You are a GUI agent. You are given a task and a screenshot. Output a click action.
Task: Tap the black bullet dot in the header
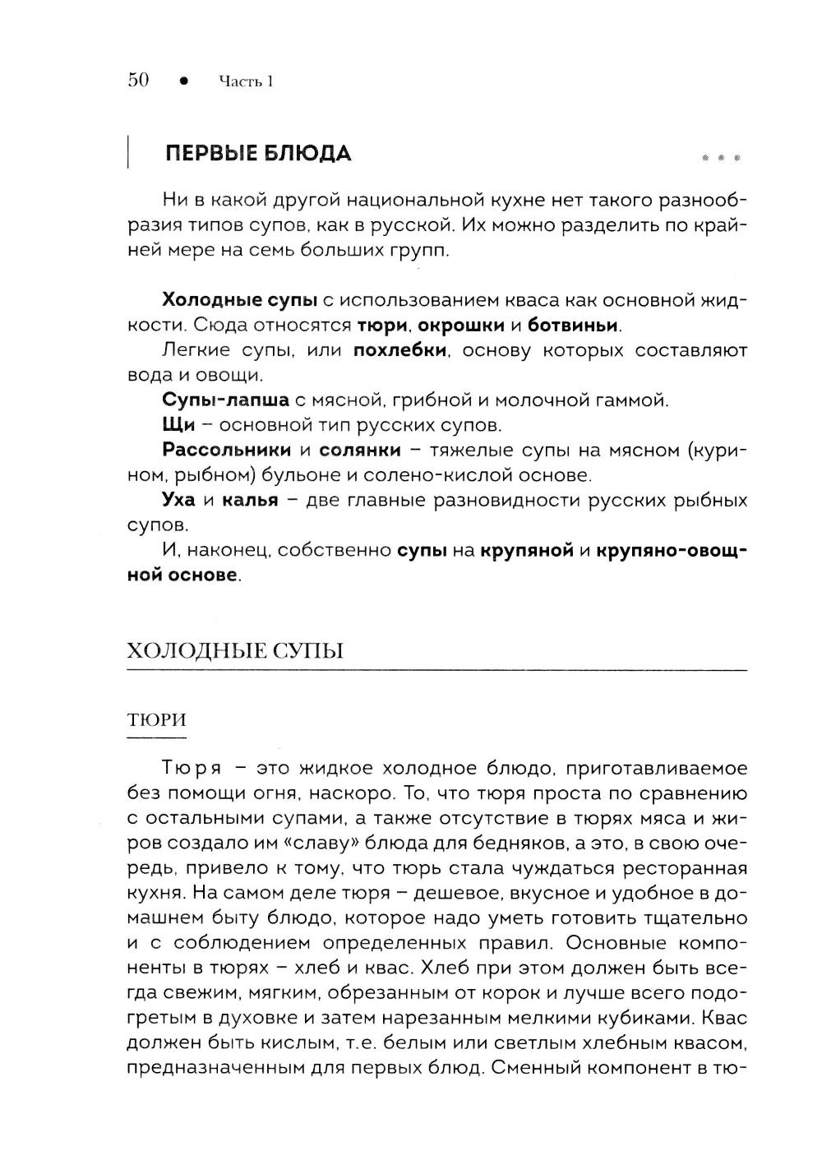pyautogui.click(x=184, y=81)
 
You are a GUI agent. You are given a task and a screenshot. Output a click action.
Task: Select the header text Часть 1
pyautogui.click(x=246, y=81)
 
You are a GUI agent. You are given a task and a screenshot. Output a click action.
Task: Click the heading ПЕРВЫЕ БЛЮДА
pyautogui.click(x=258, y=154)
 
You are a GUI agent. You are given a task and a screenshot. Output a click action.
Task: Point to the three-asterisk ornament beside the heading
pyautogui.click(x=722, y=156)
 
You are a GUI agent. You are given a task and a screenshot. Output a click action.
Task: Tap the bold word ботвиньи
pyautogui.click(x=574, y=325)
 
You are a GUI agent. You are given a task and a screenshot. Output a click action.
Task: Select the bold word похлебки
pyautogui.click(x=399, y=350)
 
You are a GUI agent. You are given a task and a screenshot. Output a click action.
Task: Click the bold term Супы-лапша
pyautogui.click(x=226, y=400)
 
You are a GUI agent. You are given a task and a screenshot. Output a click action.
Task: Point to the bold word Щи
pyautogui.click(x=178, y=425)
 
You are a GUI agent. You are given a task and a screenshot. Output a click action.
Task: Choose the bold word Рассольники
pyautogui.click(x=227, y=450)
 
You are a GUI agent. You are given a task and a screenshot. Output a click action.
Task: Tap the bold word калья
pyautogui.click(x=250, y=500)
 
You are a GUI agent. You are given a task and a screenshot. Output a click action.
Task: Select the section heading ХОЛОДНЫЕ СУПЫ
pyautogui.click(x=235, y=651)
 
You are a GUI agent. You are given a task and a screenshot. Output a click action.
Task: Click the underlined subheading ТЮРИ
pyautogui.click(x=157, y=720)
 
